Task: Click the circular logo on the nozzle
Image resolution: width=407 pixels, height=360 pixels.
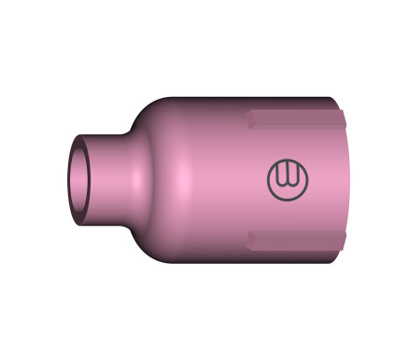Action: coord(286,179)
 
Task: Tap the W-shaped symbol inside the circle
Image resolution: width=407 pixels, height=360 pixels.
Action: coord(286,179)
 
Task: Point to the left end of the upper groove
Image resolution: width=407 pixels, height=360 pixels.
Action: coord(250,120)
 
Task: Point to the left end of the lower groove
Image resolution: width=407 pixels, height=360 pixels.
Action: coord(250,240)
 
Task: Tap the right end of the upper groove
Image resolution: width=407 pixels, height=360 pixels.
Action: coord(343,120)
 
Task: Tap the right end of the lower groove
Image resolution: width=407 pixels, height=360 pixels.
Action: coord(343,240)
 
